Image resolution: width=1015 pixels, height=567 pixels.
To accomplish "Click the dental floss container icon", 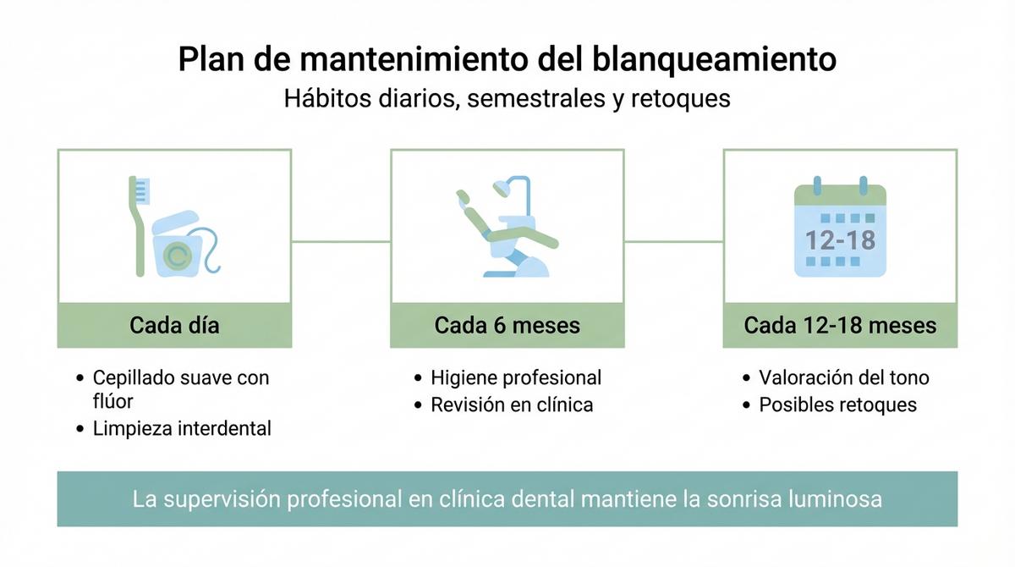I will [179, 246].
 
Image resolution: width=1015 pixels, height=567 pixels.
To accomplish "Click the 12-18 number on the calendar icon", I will [840, 240].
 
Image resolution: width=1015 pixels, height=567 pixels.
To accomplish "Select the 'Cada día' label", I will [174, 325].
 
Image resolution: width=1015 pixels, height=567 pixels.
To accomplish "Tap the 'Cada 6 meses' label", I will [507, 325].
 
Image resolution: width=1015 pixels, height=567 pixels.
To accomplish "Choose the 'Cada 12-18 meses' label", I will [840, 325].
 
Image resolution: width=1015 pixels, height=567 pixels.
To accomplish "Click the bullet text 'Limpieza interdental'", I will [182, 428].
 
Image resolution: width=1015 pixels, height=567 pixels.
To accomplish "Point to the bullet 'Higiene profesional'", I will [516, 377].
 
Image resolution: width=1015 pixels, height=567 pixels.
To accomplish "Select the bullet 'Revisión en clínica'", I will [512, 405].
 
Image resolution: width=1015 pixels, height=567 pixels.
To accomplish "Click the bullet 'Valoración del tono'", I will [843, 377].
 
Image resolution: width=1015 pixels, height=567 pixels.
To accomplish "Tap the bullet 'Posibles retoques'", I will [837, 405].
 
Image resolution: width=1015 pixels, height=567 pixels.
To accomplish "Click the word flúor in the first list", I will [112, 400].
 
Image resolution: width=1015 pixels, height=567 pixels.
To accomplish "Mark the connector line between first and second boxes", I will [341, 241].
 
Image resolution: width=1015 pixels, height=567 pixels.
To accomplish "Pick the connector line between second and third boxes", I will [673, 241].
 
